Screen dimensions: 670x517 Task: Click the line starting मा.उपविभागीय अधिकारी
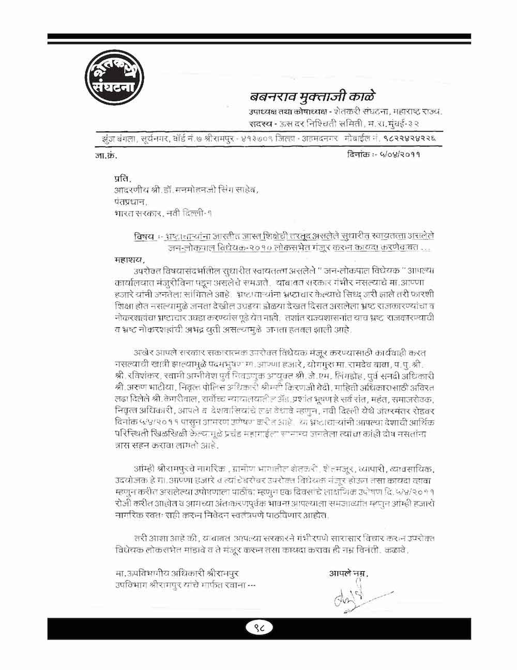tap(178, 573)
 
